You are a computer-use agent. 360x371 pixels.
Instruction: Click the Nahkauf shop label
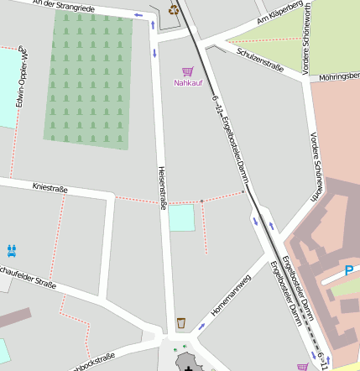188,83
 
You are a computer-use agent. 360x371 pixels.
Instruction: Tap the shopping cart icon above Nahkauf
187,72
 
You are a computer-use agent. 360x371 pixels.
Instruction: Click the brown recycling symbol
174,10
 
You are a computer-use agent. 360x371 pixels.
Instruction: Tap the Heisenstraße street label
162,186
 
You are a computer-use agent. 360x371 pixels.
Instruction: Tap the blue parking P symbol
349,271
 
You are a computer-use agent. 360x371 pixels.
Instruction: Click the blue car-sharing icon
12,249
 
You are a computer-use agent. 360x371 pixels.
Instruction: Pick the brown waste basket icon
181,323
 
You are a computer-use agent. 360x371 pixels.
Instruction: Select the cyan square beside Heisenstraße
180,217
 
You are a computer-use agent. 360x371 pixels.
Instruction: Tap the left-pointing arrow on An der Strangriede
138,14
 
